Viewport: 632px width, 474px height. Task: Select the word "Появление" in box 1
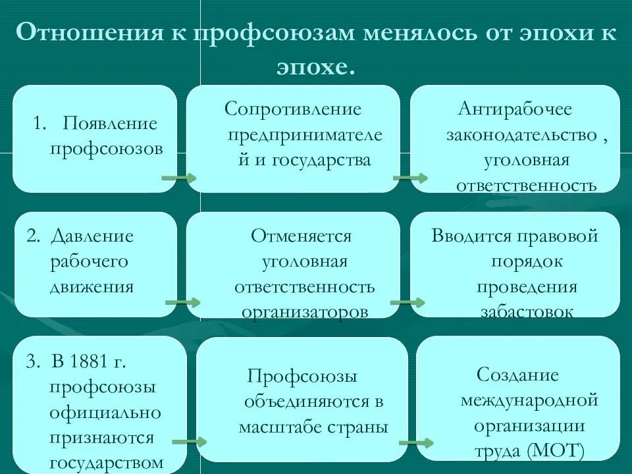click(110, 123)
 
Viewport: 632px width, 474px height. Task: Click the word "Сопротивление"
click(293, 109)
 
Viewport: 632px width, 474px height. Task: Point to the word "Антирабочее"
click(515, 109)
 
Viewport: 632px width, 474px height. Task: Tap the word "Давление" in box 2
click(92, 236)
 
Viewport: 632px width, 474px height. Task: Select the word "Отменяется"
click(301, 236)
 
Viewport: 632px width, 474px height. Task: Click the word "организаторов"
click(304, 311)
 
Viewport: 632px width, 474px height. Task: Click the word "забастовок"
click(526, 311)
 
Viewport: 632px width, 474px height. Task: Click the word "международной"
click(529, 400)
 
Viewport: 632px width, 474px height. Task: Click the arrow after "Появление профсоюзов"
click(178, 178)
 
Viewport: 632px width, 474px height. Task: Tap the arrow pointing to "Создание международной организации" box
click(416, 442)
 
